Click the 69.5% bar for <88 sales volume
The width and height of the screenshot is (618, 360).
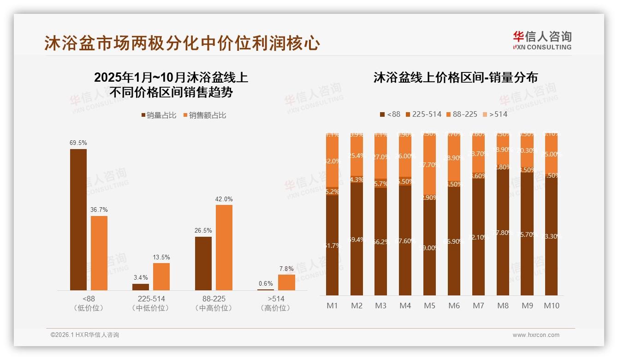(78, 219)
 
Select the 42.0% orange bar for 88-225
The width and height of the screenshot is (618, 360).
(224, 247)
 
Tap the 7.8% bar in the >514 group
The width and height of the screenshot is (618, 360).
(286, 282)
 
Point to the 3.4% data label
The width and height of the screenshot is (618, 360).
(141, 277)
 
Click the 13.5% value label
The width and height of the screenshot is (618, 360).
(161, 257)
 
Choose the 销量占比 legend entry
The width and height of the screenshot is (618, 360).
(159, 115)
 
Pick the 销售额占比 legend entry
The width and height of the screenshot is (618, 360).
(205, 115)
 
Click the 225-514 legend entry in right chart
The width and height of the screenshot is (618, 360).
(422, 114)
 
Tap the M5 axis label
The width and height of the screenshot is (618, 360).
(429, 306)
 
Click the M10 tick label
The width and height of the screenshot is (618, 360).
(551, 306)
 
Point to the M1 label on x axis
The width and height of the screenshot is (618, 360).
(332, 306)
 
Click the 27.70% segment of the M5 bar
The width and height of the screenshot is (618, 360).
(429, 164)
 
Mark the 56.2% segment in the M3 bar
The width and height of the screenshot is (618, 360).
(380, 241)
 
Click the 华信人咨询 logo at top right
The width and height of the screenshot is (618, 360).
(542, 40)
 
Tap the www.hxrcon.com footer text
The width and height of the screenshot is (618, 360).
(536, 335)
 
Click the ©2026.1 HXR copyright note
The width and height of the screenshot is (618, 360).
(84, 335)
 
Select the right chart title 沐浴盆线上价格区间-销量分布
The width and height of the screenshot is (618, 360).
(456, 78)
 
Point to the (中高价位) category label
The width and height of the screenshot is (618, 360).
(214, 308)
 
